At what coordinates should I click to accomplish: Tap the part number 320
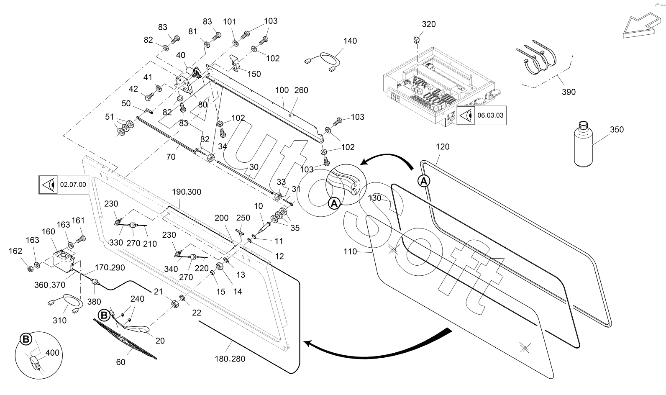click(428, 24)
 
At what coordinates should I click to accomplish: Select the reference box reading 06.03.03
click(481, 115)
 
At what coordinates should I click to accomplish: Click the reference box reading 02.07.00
click(64, 184)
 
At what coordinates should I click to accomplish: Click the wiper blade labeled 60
click(126, 339)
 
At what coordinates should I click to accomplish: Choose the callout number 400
click(52, 353)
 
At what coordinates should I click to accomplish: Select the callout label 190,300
click(187, 192)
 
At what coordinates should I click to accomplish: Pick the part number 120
click(443, 146)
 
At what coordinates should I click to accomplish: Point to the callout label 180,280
click(231, 359)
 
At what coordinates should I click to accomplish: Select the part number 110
click(350, 251)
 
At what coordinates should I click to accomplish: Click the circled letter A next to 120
click(424, 181)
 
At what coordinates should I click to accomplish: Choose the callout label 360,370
click(50, 285)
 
